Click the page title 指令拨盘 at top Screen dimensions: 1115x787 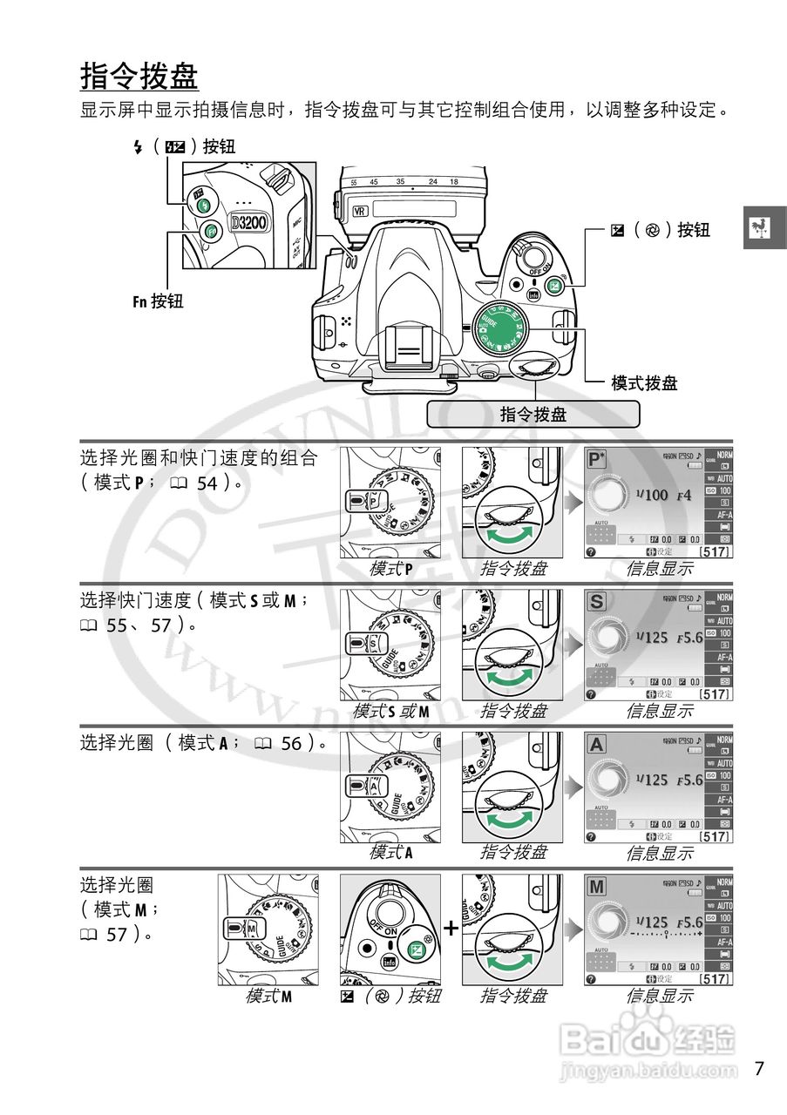coord(139,76)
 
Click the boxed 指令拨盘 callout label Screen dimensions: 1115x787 coord(533,414)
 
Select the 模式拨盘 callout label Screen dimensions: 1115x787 coord(644,382)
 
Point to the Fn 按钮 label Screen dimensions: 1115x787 coord(158,301)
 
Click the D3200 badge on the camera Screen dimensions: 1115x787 coord(250,222)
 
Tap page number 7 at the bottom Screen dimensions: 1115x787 coord(759,1068)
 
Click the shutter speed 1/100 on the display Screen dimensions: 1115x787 coord(652,495)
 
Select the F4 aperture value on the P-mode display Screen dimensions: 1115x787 coord(683,495)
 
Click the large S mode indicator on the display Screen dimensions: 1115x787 coord(597,602)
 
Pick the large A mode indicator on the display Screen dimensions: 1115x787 coord(597,745)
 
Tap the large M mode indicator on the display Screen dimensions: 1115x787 coord(597,888)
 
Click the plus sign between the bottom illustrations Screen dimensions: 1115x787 coord(451,928)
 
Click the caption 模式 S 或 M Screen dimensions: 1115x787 coord(391,711)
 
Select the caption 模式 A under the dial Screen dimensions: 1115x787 coord(391,852)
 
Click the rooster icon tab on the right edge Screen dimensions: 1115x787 coord(764,228)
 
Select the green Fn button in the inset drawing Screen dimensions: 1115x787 coord(210,232)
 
